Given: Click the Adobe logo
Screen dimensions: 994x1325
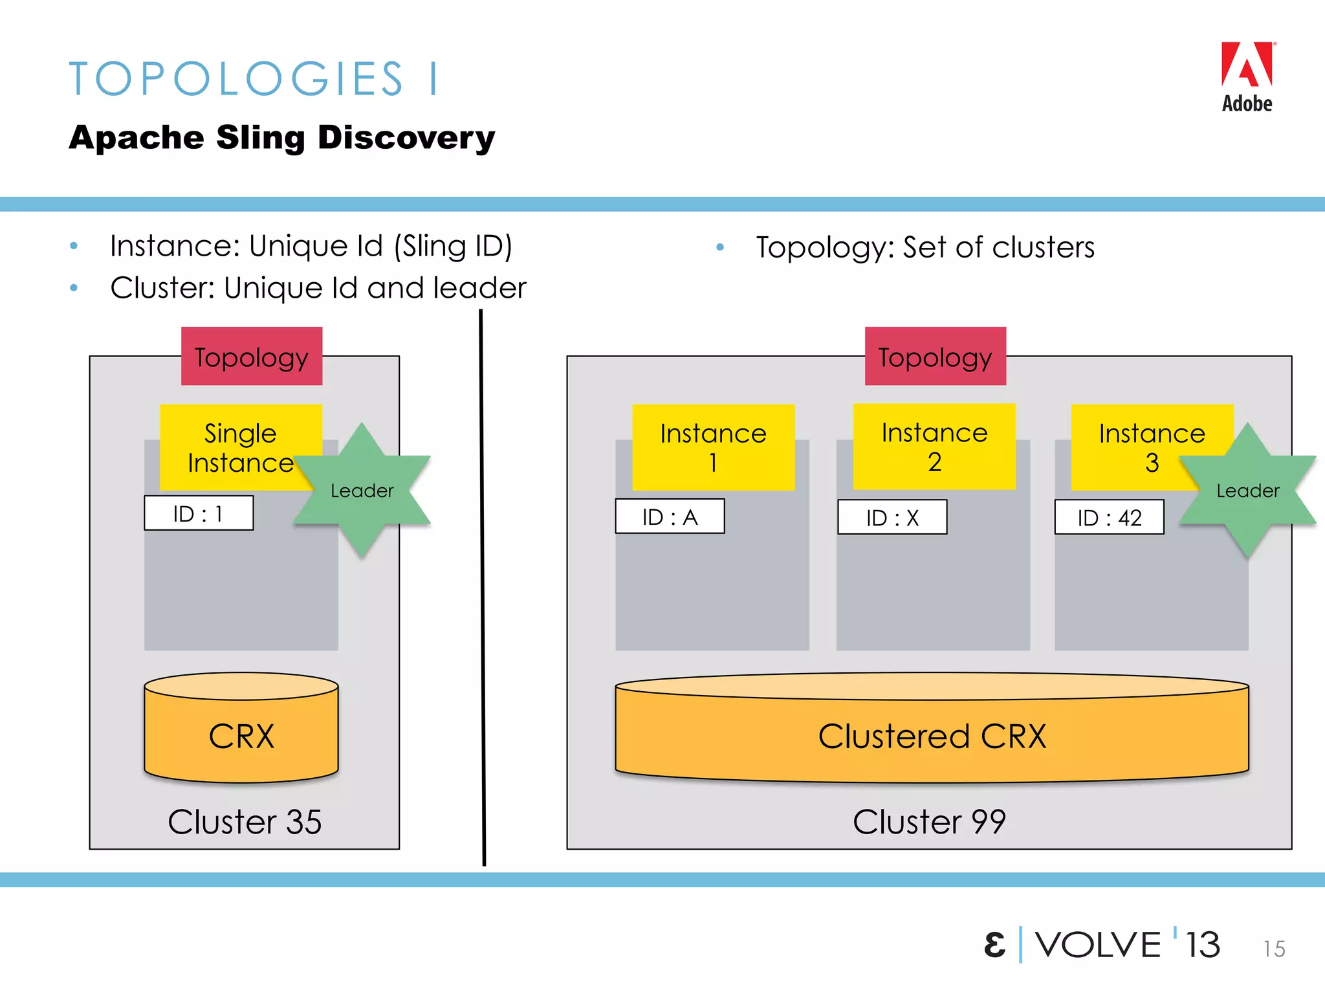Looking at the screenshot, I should (1247, 76).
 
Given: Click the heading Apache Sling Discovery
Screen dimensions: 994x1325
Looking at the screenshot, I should (282, 138).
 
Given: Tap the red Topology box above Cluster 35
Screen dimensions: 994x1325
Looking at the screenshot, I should (252, 357).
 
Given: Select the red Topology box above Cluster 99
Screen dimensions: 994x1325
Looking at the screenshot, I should (935, 357).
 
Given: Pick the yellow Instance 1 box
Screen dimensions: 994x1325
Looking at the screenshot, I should (713, 447).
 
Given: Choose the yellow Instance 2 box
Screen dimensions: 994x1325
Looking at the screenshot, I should (934, 447).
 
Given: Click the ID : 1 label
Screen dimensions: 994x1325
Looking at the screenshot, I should (199, 514).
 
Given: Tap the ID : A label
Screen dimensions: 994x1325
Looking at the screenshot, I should (670, 517).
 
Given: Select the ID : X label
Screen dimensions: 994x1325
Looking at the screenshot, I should (892, 518).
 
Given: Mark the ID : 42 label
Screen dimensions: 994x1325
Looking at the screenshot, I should (1109, 518).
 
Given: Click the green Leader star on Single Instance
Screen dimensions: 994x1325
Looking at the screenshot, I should (362, 491).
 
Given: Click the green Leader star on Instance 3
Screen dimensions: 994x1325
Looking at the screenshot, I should (1247, 491).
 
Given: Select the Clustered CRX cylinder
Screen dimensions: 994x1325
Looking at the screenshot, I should (932, 734).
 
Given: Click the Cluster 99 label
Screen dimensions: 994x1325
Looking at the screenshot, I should (929, 822).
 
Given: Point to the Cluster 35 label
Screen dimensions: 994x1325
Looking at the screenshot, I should (245, 822).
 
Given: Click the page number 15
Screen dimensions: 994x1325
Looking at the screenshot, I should (1274, 949).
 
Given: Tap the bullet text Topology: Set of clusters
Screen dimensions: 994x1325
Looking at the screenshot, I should (925, 248).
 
